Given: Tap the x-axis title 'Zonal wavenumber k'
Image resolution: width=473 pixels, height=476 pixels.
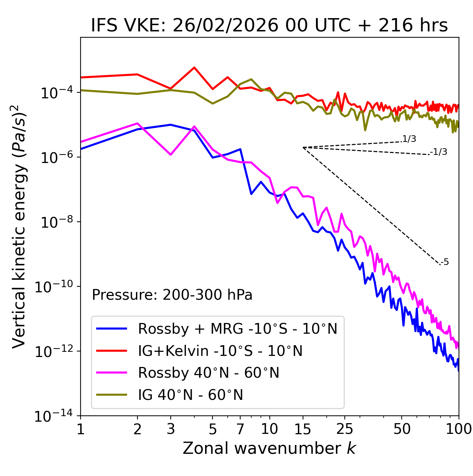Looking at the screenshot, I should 269,448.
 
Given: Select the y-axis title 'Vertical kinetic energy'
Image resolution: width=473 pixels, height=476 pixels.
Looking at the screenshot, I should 19,226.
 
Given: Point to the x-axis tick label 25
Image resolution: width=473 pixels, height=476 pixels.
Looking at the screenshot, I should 344,429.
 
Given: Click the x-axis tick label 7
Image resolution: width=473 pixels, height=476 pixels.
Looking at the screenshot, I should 240,429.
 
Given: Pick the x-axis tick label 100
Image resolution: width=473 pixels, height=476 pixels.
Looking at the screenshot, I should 459,429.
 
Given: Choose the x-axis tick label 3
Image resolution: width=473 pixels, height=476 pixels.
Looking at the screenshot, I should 171,429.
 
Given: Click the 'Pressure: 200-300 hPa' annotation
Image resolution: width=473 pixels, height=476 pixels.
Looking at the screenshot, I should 172,295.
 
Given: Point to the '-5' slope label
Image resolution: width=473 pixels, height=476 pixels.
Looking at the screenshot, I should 445,262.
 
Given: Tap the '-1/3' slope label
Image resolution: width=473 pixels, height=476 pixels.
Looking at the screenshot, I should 439,152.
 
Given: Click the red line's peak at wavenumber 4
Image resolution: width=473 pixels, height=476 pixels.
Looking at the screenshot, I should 194,67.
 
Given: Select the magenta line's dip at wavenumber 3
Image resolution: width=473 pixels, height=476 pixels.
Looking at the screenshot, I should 171,154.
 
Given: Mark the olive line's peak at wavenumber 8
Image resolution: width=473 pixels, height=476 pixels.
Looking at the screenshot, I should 251,79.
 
